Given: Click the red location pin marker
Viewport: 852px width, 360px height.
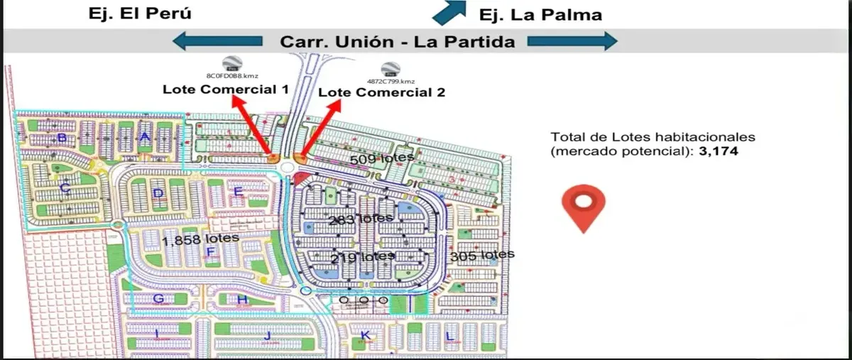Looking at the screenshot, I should pyautogui.click(x=583, y=208).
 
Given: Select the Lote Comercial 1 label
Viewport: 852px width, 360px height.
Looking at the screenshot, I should pyautogui.click(x=225, y=89).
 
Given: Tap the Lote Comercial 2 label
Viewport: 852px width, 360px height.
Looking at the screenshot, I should pyautogui.click(x=381, y=92).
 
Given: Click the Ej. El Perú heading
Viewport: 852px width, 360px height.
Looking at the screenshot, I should pyautogui.click(x=140, y=13).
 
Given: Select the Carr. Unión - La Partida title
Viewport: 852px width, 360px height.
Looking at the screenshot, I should pyautogui.click(x=398, y=42).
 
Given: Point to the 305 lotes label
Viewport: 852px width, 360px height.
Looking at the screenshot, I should pyautogui.click(x=482, y=254).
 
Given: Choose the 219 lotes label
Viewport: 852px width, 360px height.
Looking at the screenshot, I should pyautogui.click(x=362, y=256).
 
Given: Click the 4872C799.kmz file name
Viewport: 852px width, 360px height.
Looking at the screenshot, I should pyautogui.click(x=390, y=82).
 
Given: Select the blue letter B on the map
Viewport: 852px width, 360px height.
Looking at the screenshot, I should pyautogui.click(x=62, y=138).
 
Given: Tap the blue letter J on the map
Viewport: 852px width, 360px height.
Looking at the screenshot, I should pyautogui.click(x=268, y=335).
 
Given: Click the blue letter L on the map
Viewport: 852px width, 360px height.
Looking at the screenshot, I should pyautogui.click(x=449, y=335).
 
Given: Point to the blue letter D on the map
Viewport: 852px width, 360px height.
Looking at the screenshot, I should pyautogui.click(x=158, y=193).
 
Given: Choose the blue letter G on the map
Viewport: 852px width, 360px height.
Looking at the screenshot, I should pyautogui.click(x=159, y=299).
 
